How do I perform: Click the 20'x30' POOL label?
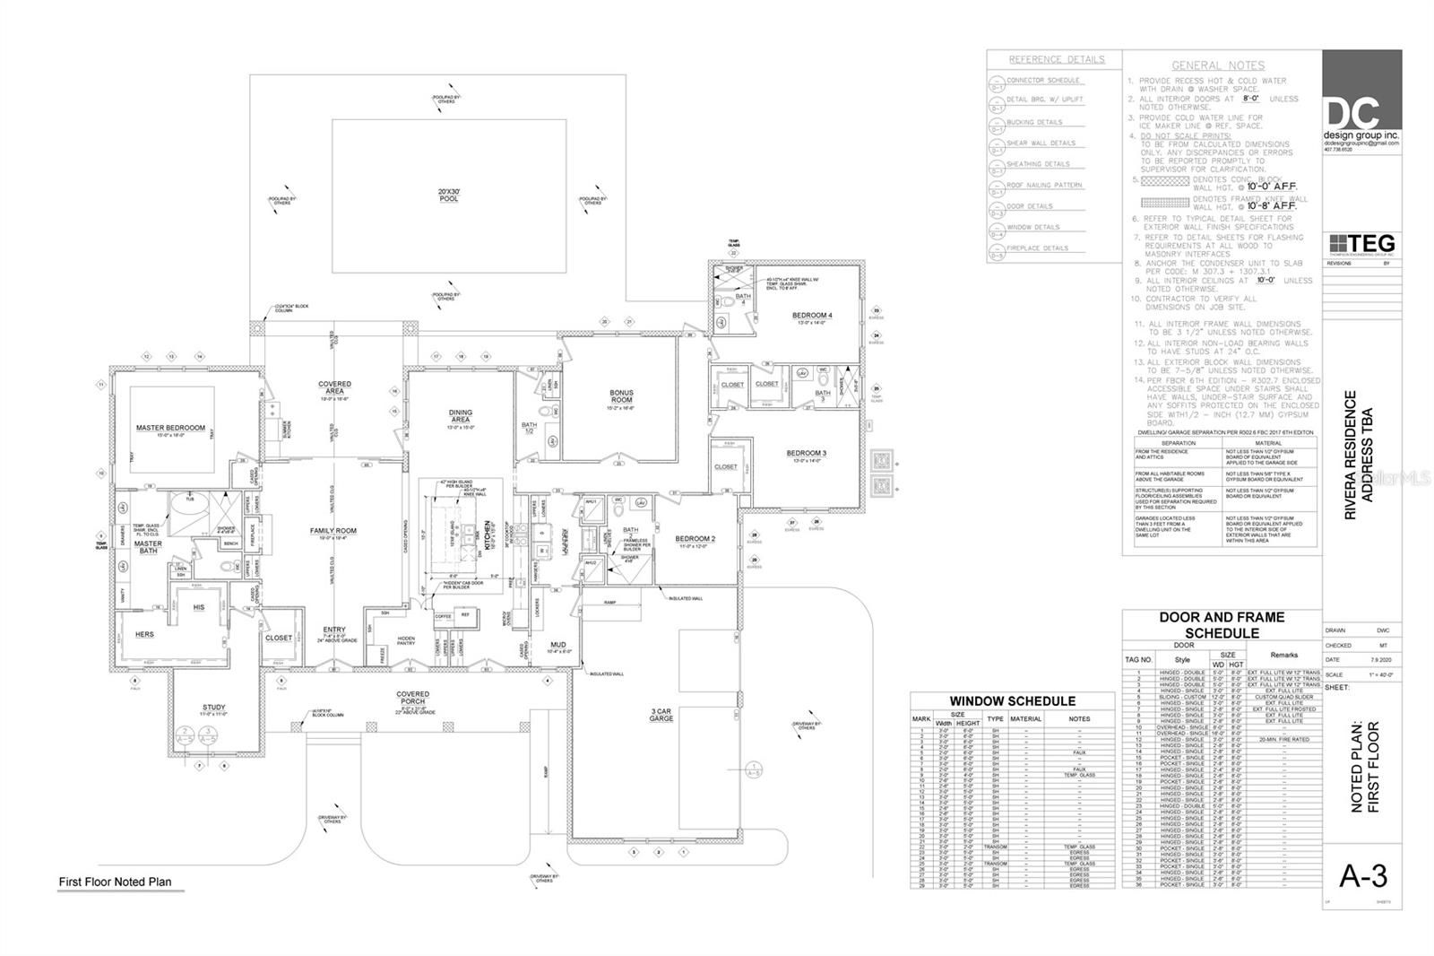[x=448, y=195]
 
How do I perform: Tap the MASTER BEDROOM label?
[x=170, y=428]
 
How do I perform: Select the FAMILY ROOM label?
[x=333, y=531]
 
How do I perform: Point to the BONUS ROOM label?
[x=621, y=396]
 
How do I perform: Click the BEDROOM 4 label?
[x=812, y=316]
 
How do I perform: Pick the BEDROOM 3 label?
[x=806, y=454]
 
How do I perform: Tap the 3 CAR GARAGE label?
[x=662, y=716]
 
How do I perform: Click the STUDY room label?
[x=213, y=708]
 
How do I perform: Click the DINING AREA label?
[x=460, y=416]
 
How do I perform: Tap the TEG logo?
[x=1361, y=244]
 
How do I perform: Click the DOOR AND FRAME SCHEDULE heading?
[x=1222, y=625]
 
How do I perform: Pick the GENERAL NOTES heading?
[x=1218, y=65]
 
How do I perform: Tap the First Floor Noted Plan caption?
[x=115, y=882]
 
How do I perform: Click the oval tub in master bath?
[x=187, y=517]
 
